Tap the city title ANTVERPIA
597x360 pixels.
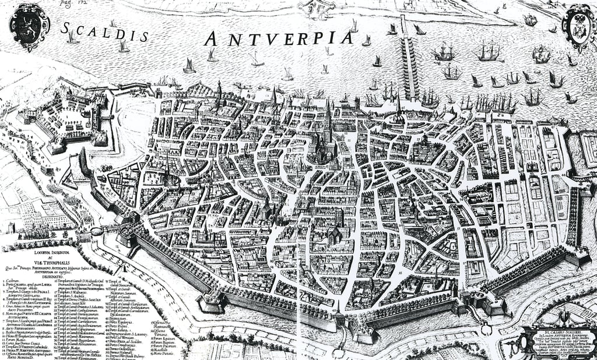[x=279, y=38]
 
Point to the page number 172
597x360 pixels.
[x=71, y=3]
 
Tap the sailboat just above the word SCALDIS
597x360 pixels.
[x=124, y=47]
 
